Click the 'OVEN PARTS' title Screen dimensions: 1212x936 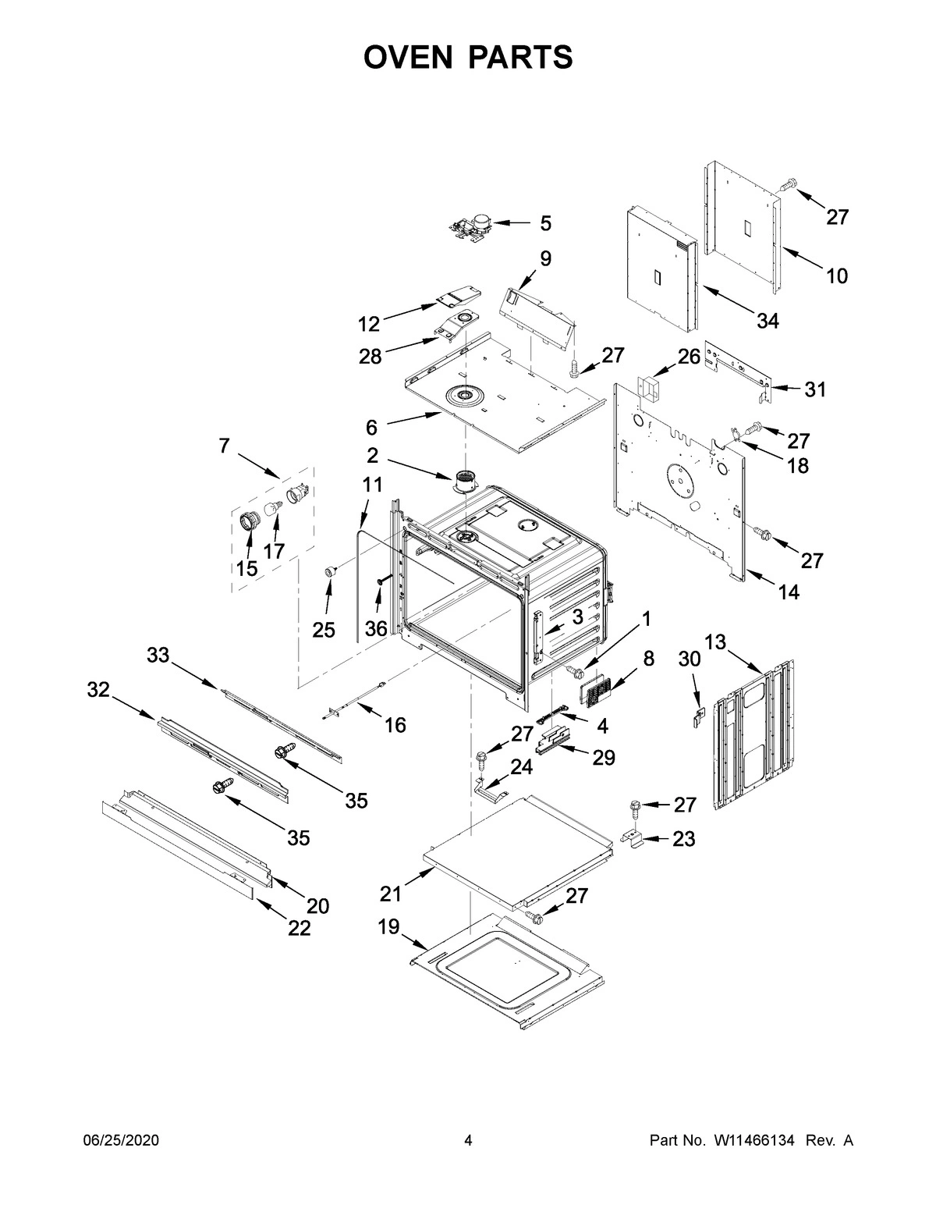[x=468, y=58]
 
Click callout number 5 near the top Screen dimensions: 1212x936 [x=545, y=224]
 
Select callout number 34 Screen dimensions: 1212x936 [x=767, y=320]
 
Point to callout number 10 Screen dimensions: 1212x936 [x=836, y=275]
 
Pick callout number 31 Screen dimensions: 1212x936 [x=814, y=389]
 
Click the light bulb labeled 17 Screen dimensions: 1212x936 [x=275, y=510]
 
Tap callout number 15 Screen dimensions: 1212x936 [x=246, y=568]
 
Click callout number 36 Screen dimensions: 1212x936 [x=376, y=628]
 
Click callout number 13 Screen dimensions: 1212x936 [x=715, y=642]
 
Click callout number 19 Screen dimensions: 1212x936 [x=388, y=927]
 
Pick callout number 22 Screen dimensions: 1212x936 [x=299, y=928]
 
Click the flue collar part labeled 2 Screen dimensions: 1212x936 [x=466, y=482]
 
